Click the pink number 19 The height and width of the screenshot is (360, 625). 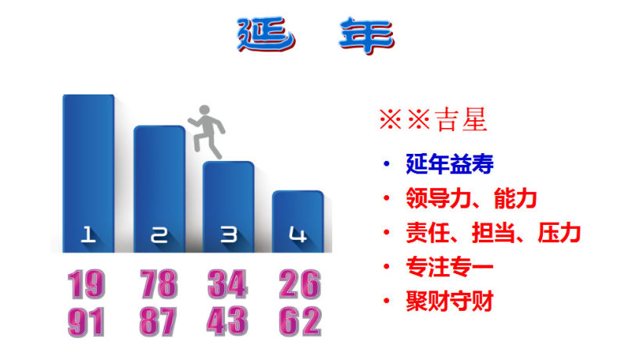87,284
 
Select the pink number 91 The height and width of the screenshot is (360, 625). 87,322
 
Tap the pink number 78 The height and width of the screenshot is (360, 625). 159,284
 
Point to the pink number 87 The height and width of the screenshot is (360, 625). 159,322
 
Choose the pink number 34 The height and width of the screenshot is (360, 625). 227,284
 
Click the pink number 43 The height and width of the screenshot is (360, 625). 227,321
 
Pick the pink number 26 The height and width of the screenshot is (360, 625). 300,284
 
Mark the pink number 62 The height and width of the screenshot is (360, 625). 300,322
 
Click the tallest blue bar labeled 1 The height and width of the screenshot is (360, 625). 88,173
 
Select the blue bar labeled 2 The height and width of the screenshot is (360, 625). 159,189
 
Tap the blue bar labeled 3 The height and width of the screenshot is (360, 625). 228,207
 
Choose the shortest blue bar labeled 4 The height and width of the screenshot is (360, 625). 298,222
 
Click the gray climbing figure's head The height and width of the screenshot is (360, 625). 205,110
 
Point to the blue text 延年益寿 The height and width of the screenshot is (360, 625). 450,164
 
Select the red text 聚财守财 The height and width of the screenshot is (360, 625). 450,301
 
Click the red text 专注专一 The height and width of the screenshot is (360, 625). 450,267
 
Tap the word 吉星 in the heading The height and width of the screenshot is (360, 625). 461,119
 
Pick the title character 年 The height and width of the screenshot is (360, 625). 366,35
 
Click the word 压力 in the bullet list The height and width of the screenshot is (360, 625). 559,233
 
